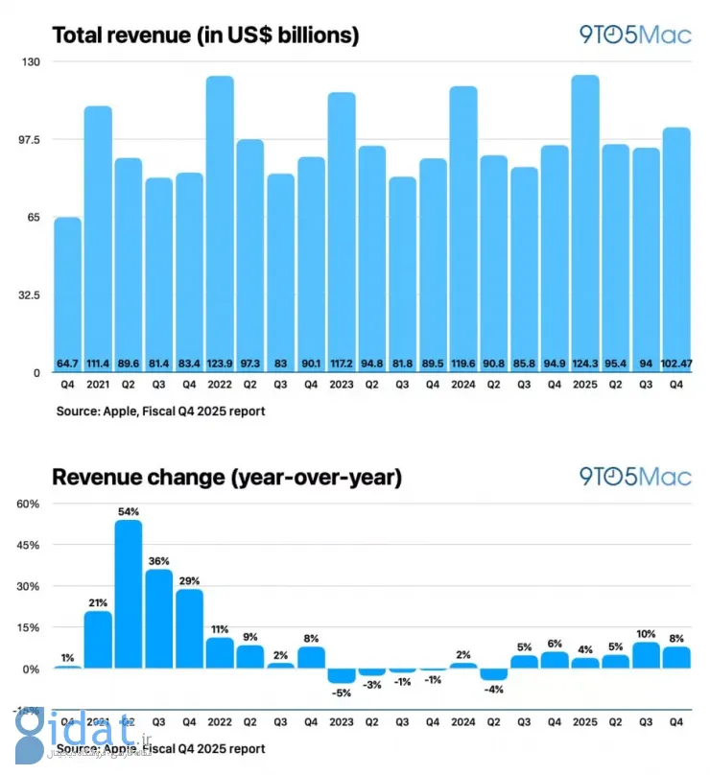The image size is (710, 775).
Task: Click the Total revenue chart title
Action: (x=205, y=36)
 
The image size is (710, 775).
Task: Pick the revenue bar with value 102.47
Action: (x=675, y=249)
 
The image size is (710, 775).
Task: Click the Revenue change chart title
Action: (x=226, y=477)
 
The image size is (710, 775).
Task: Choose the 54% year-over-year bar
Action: (x=128, y=594)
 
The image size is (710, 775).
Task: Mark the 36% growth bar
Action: (x=158, y=619)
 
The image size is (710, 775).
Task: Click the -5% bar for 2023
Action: (x=341, y=676)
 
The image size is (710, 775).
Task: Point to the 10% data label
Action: (x=645, y=633)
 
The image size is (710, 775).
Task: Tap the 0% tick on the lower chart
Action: (x=28, y=669)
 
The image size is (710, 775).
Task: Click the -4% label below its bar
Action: (x=493, y=688)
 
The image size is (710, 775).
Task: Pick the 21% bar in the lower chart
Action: (x=98, y=640)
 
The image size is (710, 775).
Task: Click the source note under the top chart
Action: (x=160, y=411)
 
